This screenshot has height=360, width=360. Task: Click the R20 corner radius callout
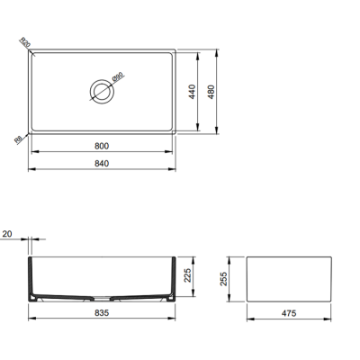tap(24, 42)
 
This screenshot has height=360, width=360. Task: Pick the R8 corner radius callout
tap(20, 139)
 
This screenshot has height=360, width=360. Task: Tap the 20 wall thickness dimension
tap(7, 235)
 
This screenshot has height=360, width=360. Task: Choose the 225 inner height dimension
tap(186, 276)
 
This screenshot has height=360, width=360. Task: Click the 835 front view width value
tap(100, 315)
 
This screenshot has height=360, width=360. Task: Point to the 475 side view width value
tap(289, 315)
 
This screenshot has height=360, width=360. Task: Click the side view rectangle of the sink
tap(289, 280)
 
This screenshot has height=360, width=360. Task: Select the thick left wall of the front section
tap(31, 279)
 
